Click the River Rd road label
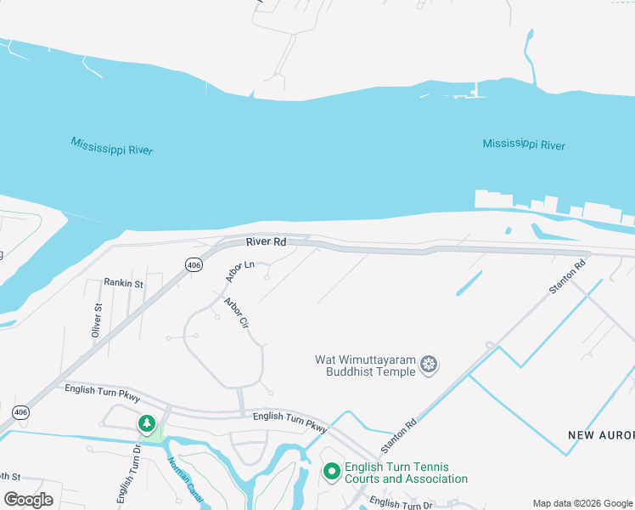coord(267,242)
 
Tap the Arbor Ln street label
coord(239,271)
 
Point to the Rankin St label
coord(124,282)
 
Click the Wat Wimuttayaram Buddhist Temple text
coord(366,365)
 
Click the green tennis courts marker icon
coord(331,470)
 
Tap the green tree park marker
coord(147,422)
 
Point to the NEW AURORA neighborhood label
coord(600,435)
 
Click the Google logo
coord(29,499)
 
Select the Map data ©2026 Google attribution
coord(582,503)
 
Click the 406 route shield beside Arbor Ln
coord(194,265)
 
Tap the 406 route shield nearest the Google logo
coord(20,412)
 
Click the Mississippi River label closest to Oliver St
coord(111,145)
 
